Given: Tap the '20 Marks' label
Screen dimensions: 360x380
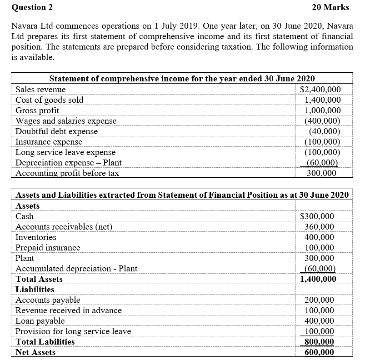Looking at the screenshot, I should pyautogui.click(x=330, y=7).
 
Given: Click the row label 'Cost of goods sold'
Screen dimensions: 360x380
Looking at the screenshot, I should pyautogui.click(x=49, y=100).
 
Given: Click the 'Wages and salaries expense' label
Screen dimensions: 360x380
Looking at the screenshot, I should pyautogui.click(x=66, y=121).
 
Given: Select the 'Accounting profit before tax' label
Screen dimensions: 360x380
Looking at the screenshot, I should pyautogui.click(x=67, y=173).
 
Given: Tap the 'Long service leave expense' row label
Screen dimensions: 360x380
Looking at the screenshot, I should pyautogui.click(x=65, y=152).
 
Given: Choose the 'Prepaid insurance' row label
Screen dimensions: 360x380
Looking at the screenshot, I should pyautogui.click(x=48, y=248).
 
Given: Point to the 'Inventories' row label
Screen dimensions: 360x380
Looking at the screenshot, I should pyautogui.click(x=36, y=237).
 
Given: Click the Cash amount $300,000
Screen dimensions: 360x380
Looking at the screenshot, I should pyautogui.click(x=317, y=216).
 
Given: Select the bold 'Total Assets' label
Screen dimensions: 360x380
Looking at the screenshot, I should pyautogui.click(x=39, y=279).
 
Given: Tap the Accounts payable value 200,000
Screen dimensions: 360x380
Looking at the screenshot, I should pyautogui.click(x=319, y=300).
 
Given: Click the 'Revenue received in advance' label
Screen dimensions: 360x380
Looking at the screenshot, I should pyautogui.click(x=69, y=310).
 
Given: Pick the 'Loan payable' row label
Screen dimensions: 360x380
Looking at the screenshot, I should pyautogui.click(x=40, y=321).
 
